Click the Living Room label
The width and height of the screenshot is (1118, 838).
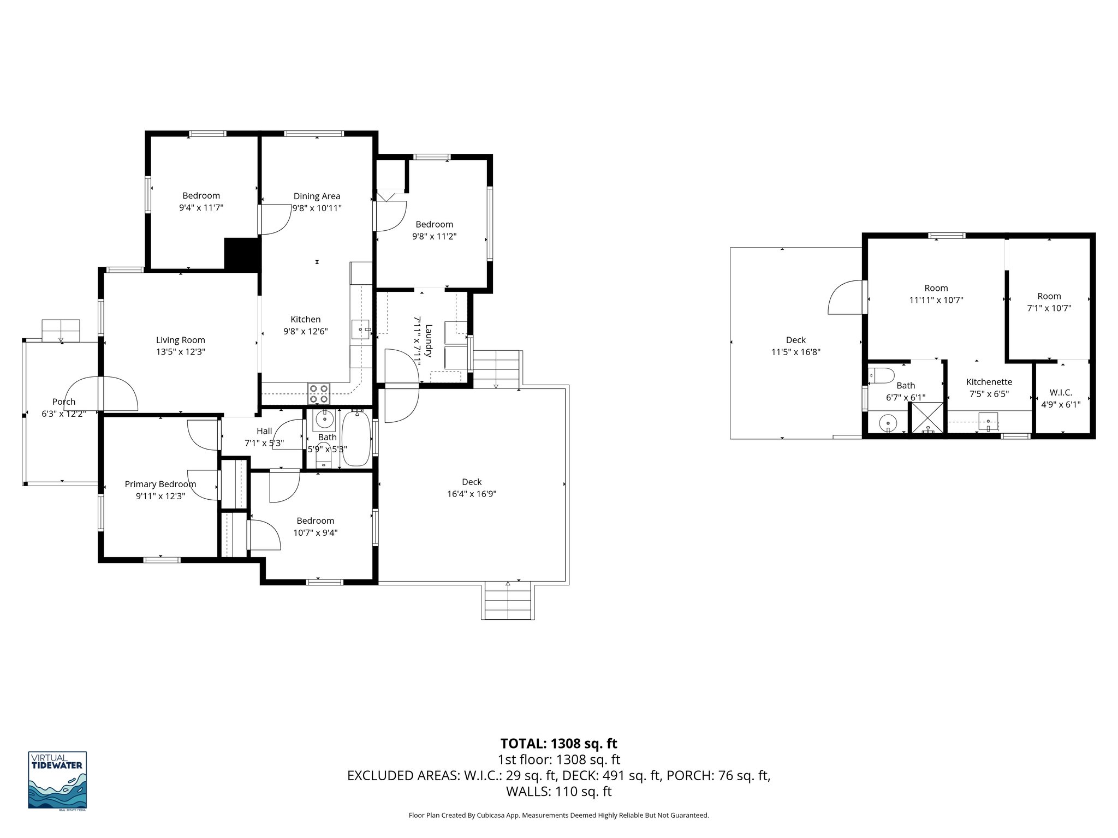[x=180, y=340]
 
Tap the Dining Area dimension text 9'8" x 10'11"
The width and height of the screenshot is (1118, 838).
[x=317, y=208]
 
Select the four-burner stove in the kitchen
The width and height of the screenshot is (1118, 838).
[x=319, y=393]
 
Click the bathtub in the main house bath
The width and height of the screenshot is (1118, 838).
[x=356, y=439]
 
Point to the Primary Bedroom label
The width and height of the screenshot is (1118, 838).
[x=160, y=484]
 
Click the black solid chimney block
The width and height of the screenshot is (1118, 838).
[x=241, y=254]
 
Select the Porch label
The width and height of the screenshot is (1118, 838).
[x=64, y=402]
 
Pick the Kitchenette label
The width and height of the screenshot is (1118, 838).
[x=989, y=382]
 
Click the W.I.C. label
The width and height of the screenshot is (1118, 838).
[x=1061, y=392]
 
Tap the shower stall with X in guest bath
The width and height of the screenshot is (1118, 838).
[x=927, y=418]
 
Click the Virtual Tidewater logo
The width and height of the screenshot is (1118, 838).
[x=57, y=780]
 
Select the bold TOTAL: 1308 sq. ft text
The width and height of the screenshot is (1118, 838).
[x=558, y=744]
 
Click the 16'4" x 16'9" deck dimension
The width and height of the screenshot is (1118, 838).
[x=472, y=494]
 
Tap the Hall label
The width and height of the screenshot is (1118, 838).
[x=264, y=431]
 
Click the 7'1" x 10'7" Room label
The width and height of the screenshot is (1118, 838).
[x=1049, y=296]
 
